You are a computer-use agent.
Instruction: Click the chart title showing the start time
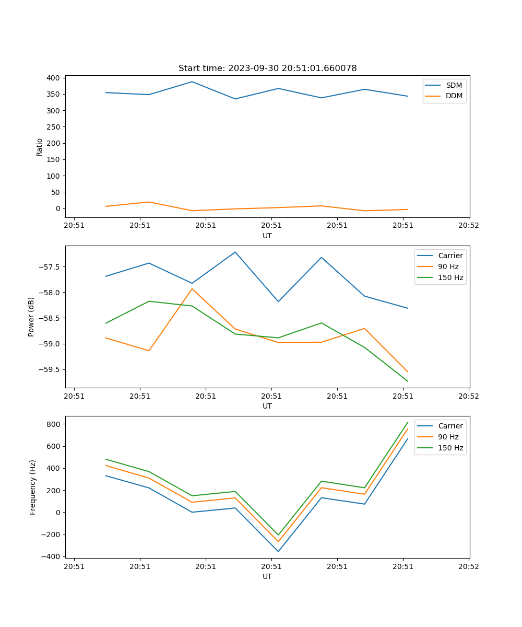pyautogui.click(x=267, y=68)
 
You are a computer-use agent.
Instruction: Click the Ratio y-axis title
pyautogui.click(x=40, y=147)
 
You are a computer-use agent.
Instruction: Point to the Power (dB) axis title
pyautogui.click(x=31, y=317)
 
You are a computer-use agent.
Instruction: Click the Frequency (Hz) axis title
pyautogui.click(x=32, y=487)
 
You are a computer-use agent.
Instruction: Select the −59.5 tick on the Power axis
pyautogui.click(x=50, y=369)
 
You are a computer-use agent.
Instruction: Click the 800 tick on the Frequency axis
pyautogui.click(x=54, y=424)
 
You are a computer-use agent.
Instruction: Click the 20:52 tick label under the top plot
pyautogui.click(x=468, y=226)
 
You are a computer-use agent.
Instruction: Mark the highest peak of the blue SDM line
pyautogui.click(x=192, y=82)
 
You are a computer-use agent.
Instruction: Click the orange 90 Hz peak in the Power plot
pyautogui.click(x=192, y=288)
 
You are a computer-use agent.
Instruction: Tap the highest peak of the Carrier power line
pyautogui.click(x=235, y=252)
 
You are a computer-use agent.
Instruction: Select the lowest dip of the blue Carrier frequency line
pyautogui.click(x=278, y=551)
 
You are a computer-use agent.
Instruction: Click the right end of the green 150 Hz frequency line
pyautogui.click(x=408, y=422)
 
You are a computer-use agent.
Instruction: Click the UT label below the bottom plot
pyautogui.click(x=267, y=576)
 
